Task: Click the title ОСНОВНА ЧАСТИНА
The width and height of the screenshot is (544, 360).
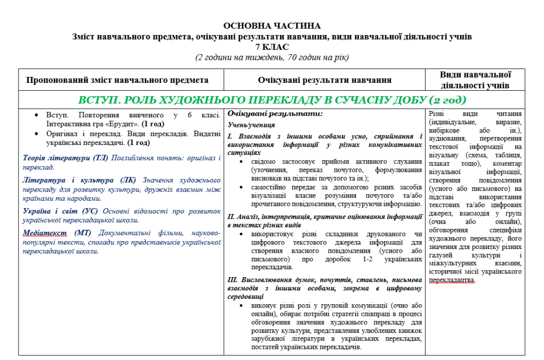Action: [x=271, y=25]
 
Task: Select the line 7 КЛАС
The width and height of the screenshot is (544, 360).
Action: [x=271, y=47]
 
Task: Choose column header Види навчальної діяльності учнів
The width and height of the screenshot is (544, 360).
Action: [x=475, y=80]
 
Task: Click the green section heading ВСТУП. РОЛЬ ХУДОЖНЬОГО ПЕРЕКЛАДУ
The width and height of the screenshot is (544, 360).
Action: [x=271, y=100]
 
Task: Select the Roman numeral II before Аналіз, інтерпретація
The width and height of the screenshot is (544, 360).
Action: [x=231, y=217]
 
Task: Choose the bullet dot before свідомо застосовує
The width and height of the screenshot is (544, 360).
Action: [x=243, y=161]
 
